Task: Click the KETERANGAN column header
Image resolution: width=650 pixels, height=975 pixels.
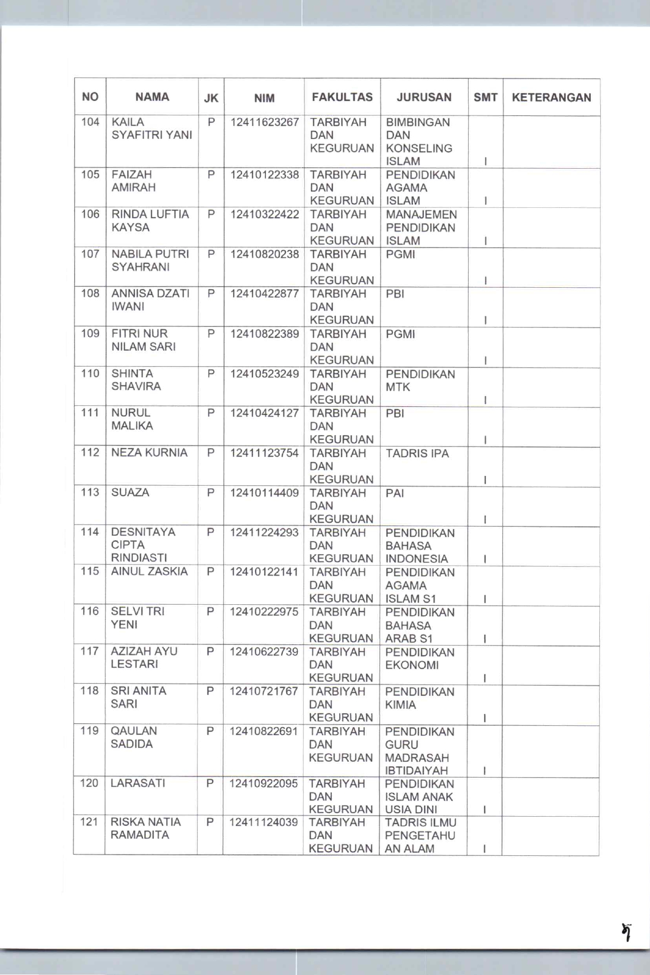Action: click(x=551, y=98)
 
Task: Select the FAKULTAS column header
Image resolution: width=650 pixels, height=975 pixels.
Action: click(x=342, y=97)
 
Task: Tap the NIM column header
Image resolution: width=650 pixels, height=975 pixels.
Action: click(x=264, y=98)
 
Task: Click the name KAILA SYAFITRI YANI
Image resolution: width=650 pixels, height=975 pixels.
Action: click(x=152, y=128)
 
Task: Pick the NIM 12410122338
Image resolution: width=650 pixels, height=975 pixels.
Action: click(x=264, y=175)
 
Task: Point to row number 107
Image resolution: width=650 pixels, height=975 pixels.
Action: click(x=90, y=254)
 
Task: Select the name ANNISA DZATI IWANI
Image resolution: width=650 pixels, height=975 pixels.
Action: click(x=150, y=300)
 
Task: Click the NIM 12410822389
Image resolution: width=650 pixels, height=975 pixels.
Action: click(x=264, y=334)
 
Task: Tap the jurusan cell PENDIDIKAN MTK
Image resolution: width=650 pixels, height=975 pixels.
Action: click(x=420, y=381)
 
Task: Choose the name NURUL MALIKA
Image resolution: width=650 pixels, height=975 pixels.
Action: click(x=132, y=419)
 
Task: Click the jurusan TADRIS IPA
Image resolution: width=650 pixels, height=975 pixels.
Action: click(x=417, y=453)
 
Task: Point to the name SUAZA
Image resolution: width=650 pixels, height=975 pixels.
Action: click(x=130, y=492)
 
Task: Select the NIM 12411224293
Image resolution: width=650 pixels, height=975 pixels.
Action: click(x=264, y=533)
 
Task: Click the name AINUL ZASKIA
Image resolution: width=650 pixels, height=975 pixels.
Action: click(x=149, y=572)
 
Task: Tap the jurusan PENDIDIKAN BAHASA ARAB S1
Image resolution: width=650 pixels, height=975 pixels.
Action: click(x=420, y=626)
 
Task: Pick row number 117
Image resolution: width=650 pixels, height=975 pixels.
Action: click(x=89, y=651)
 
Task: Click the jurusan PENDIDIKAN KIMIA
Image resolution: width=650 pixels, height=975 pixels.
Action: click(x=420, y=698)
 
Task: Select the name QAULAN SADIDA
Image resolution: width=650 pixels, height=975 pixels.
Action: click(x=134, y=737)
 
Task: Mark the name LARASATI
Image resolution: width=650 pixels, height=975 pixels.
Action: click(x=138, y=783)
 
